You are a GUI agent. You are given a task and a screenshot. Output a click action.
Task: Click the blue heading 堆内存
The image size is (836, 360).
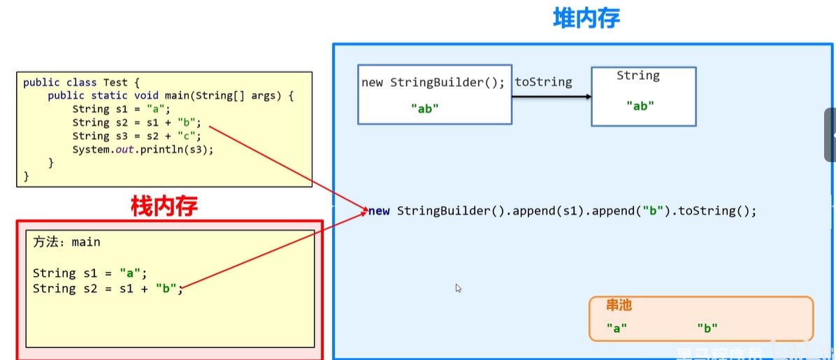coord(586,18)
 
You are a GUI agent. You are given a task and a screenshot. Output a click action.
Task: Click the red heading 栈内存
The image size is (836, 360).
coord(164,206)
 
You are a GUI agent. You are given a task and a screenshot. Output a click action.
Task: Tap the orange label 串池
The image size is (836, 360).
coord(619,305)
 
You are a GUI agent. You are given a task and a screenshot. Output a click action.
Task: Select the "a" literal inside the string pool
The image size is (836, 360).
coord(617,327)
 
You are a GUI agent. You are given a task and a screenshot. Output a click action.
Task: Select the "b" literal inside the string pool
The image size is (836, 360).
coord(707,327)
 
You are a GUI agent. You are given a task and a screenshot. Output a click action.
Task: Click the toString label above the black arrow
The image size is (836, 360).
coord(543,82)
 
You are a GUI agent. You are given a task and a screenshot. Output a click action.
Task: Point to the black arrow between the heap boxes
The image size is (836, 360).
coord(552,96)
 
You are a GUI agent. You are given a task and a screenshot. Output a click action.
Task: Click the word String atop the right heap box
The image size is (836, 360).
coord(637,75)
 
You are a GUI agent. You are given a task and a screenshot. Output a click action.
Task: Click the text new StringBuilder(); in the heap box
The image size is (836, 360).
coord(433,82)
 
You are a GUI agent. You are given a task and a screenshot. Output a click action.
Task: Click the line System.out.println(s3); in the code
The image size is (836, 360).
coord(143,150)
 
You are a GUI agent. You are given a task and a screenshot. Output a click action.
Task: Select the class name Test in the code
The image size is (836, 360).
coord(115,82)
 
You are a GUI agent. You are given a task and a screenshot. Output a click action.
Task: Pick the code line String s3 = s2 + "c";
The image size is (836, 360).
coord(136,136)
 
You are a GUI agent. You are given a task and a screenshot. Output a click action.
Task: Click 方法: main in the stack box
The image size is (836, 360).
coord(66,242)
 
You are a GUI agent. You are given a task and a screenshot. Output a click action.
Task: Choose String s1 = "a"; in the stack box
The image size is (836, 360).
coord(90,273)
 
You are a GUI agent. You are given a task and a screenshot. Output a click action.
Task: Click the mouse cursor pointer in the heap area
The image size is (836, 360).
coord(459,288)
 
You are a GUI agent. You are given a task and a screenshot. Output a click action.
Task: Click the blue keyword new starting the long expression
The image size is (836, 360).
coord(380,210)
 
